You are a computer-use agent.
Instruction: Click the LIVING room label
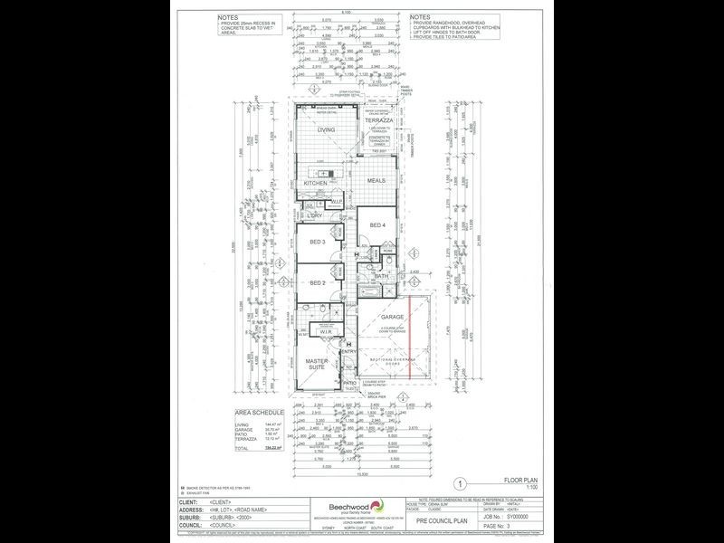(325, 130)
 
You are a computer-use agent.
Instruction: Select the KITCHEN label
(314, 184)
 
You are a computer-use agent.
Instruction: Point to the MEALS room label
(376, 180)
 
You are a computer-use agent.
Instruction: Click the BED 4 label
(376, 225)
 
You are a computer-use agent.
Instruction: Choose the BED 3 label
(316, 244)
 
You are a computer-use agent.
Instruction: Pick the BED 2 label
(316, 283)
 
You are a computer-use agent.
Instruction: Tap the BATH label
(382, 276)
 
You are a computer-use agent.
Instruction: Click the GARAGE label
(391, 318)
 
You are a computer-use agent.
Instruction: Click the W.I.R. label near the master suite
(326, 332)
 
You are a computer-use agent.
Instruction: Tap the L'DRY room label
(315, 215)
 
